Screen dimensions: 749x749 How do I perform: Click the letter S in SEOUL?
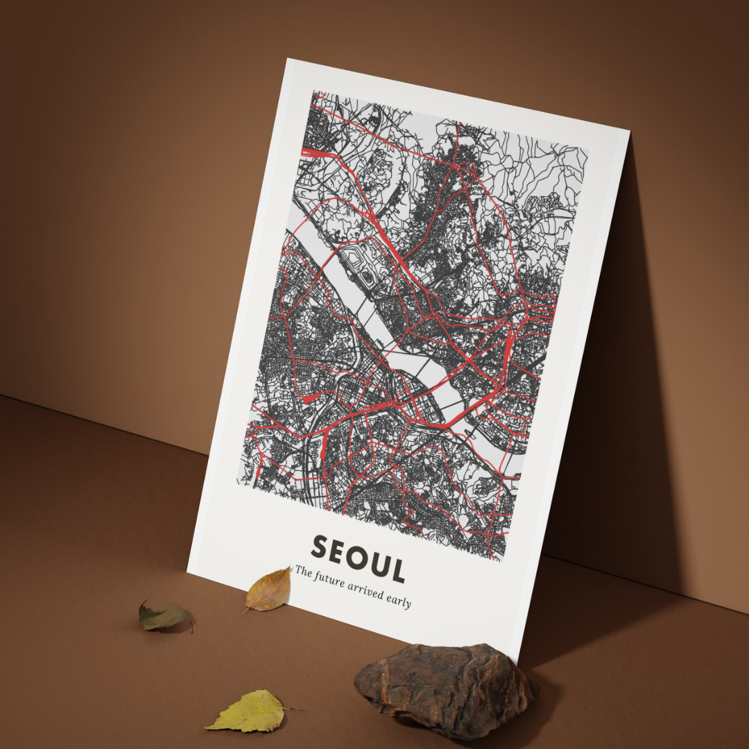(320, 546)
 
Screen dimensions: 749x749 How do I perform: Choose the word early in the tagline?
(400, 601)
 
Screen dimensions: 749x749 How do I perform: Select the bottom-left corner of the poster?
(188, 568)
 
